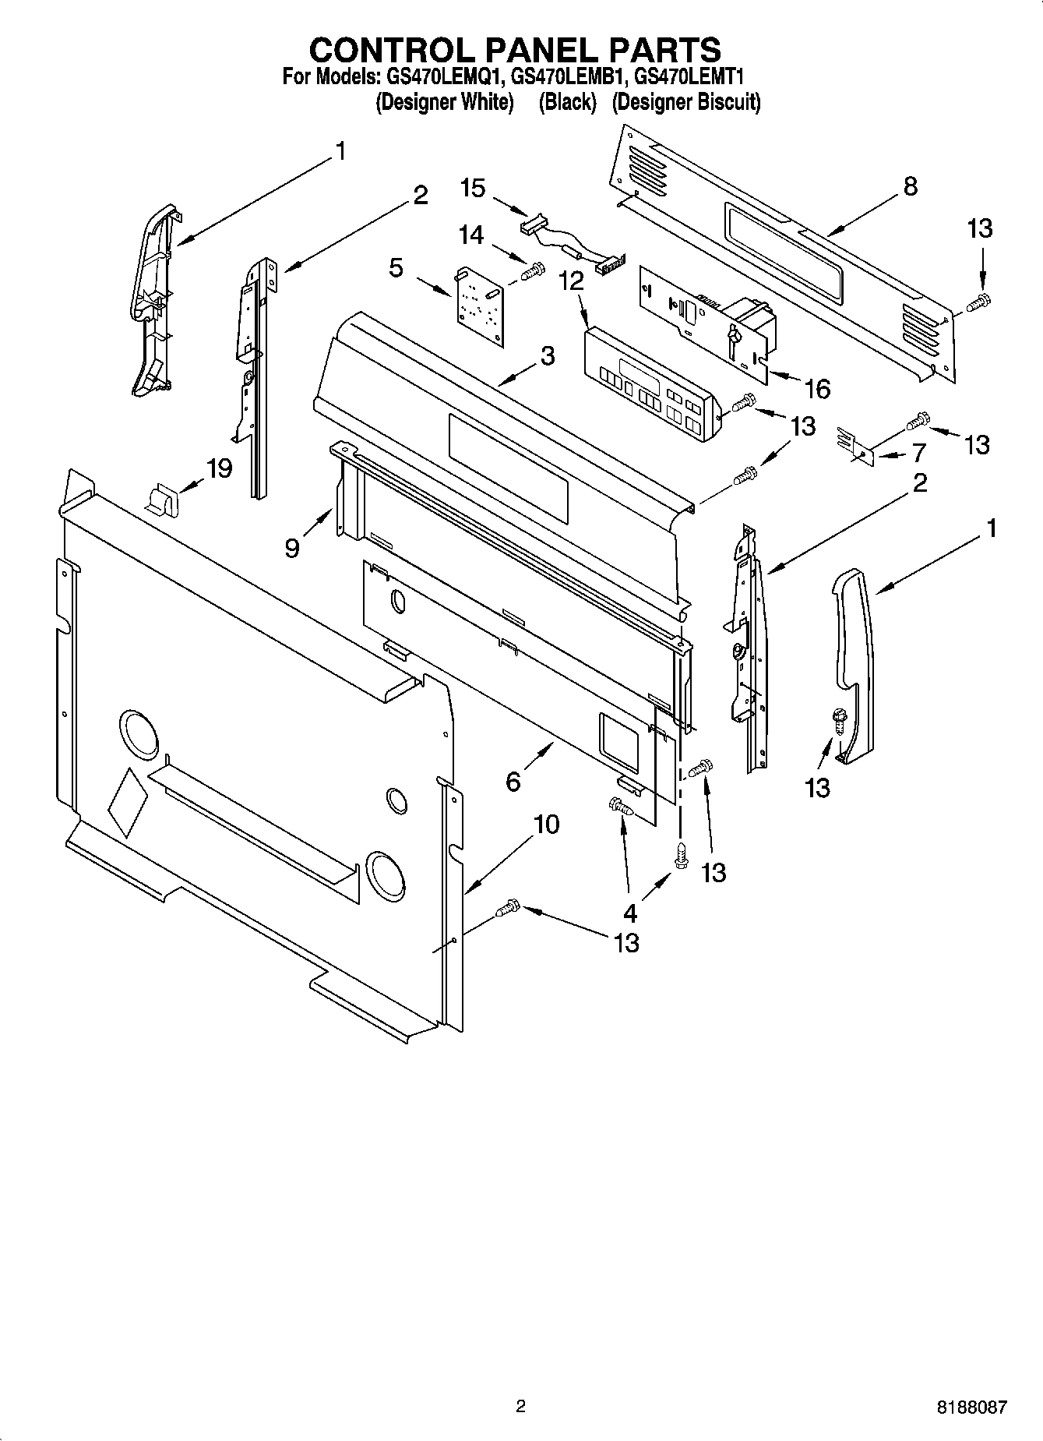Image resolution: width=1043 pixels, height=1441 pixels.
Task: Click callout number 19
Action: point(219,468)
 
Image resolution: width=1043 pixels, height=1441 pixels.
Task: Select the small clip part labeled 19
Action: point(163,499)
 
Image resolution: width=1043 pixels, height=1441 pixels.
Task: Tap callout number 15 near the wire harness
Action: point(472,188)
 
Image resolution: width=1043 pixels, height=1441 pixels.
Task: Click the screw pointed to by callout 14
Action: point(534,271)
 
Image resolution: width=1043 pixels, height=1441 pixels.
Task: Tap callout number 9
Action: point(291,549)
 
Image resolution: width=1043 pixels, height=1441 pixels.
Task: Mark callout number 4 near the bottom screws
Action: point(629,913)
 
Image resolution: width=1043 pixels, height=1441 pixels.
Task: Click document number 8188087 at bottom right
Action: point(971,1407)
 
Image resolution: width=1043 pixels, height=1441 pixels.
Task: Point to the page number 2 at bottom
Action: point(520,1406)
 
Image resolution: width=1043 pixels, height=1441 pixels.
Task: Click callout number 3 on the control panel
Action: point(548,356)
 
